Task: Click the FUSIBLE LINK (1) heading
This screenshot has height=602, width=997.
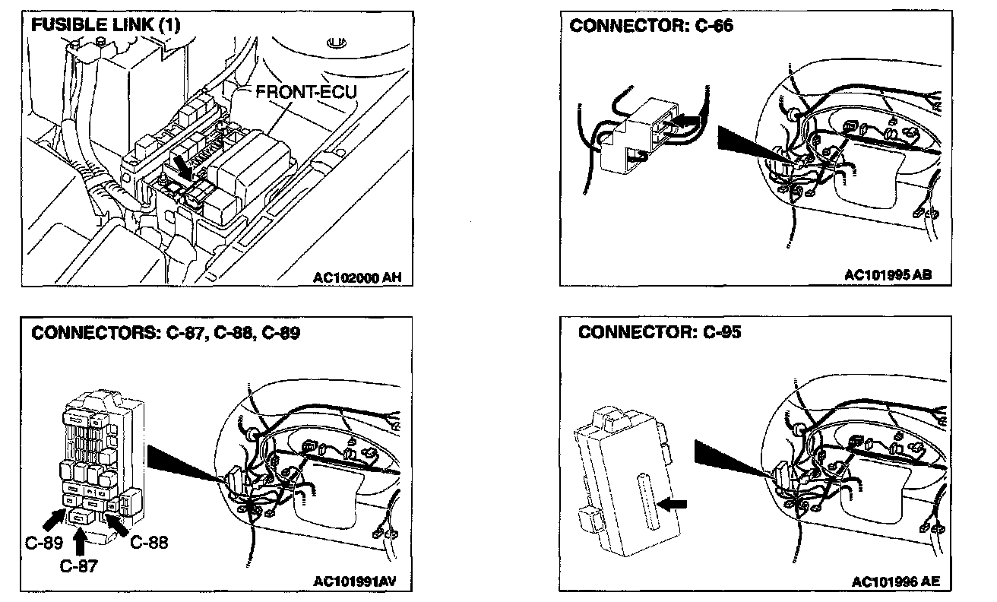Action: (106, 24)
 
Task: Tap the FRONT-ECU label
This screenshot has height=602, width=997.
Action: (305, 92)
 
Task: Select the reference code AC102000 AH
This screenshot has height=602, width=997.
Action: (356, 277)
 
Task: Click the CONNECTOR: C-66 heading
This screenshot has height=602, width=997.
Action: (651, 26)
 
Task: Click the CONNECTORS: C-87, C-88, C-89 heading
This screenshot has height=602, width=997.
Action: (166, 333)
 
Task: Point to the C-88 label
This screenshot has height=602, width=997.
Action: (149, 543)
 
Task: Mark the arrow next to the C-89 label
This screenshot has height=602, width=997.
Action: (54, 521)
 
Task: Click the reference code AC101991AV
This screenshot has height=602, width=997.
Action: (355, 582)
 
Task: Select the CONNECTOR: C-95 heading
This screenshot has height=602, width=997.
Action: (659, 333)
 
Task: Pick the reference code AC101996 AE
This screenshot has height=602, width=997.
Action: (895, 582)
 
